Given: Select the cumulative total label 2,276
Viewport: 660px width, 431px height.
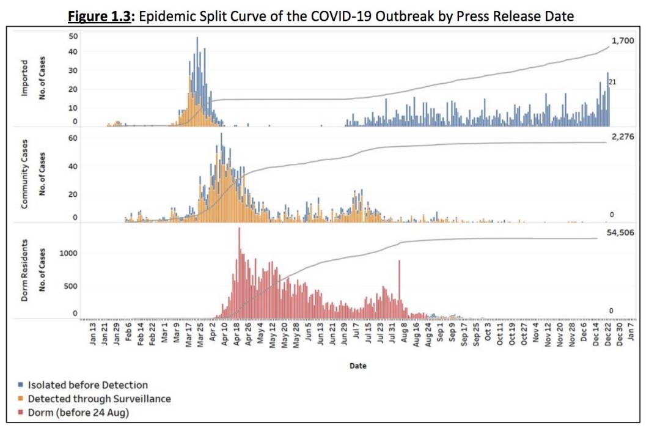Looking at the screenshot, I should coord(623,136).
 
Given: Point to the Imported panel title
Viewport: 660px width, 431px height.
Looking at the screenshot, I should coord(24,77).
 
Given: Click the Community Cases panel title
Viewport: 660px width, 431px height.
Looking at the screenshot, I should coord(24,177).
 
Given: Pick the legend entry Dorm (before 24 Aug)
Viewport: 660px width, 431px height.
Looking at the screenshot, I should coord(78,412).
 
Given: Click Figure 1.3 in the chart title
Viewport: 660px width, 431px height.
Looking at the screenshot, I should coord(100,17).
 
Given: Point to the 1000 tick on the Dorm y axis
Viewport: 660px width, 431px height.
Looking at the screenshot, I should coord(69,253).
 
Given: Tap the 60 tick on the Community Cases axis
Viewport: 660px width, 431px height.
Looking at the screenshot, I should coord(73,138).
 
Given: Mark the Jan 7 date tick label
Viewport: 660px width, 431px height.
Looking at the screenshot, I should coord(632,335).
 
